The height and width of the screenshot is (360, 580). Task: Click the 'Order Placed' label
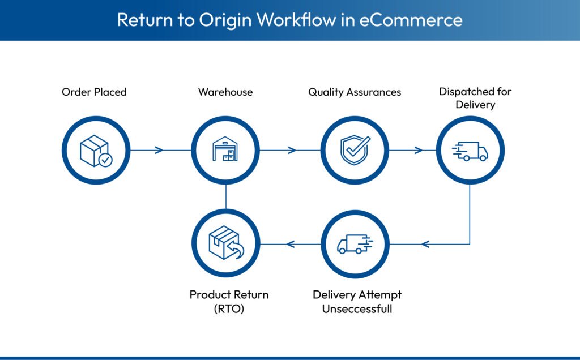coord(94,92)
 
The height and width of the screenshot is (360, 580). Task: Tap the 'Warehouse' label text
coord(225,92)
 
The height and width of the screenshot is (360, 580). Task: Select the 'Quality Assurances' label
coord(355,92)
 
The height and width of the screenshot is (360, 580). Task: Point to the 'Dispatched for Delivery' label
coord(475,98)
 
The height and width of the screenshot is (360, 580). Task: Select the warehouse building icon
coord(225,150)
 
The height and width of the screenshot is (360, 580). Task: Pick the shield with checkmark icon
coord(355,150)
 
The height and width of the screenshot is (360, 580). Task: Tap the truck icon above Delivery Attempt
coord(355,244)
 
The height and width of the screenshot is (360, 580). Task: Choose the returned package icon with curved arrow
coord(225,244)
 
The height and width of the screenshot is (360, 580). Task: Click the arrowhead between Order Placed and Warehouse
coord(159,150)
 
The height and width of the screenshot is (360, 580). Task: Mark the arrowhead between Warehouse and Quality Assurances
coord(292,150)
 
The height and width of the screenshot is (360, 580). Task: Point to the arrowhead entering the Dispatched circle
coord(419,150)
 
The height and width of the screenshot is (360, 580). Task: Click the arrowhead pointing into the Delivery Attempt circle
coord(425,244)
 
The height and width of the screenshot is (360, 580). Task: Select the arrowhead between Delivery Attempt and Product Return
coord(291,244)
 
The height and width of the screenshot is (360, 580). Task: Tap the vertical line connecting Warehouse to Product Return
coord(225,197)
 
